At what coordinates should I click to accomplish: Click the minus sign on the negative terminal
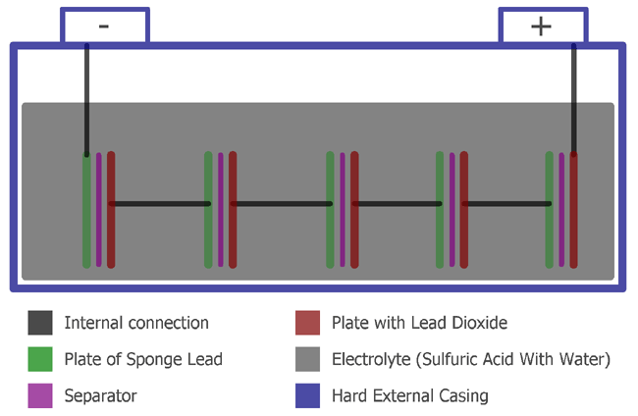click(x=104, y=26)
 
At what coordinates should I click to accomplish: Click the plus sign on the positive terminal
click(x=542, y=26)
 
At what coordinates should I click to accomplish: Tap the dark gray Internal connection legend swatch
click(x=40, y=322)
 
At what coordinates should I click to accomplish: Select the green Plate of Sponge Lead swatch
click(x=40, y=359)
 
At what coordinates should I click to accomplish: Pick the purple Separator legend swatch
click(x=40, y=395)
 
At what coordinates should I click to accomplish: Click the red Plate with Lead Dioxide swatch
click(x=308, y=322)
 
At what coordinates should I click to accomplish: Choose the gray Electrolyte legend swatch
click(x=308, y=359)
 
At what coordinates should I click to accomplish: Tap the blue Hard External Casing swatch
click(x=308, y=395)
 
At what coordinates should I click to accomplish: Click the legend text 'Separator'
click(x=100, y=396)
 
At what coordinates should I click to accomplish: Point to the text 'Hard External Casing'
click(x=409, y=396)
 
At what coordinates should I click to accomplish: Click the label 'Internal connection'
click(x=135, y=323)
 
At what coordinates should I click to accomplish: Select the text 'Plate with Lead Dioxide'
click(x=419, y=323)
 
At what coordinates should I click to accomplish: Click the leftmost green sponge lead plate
click(x=86, y=210)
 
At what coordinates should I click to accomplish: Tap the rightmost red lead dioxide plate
click(x=573, y=210)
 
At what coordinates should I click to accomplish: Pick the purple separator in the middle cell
click(x=343, y=210)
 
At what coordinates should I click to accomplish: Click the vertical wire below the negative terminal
click(x=86, y=98)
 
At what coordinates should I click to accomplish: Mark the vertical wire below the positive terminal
click(x=574, y=98)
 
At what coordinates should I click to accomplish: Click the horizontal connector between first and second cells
click(x=160, y=204)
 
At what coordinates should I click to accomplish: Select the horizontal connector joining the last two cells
click(x=506, y=204)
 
